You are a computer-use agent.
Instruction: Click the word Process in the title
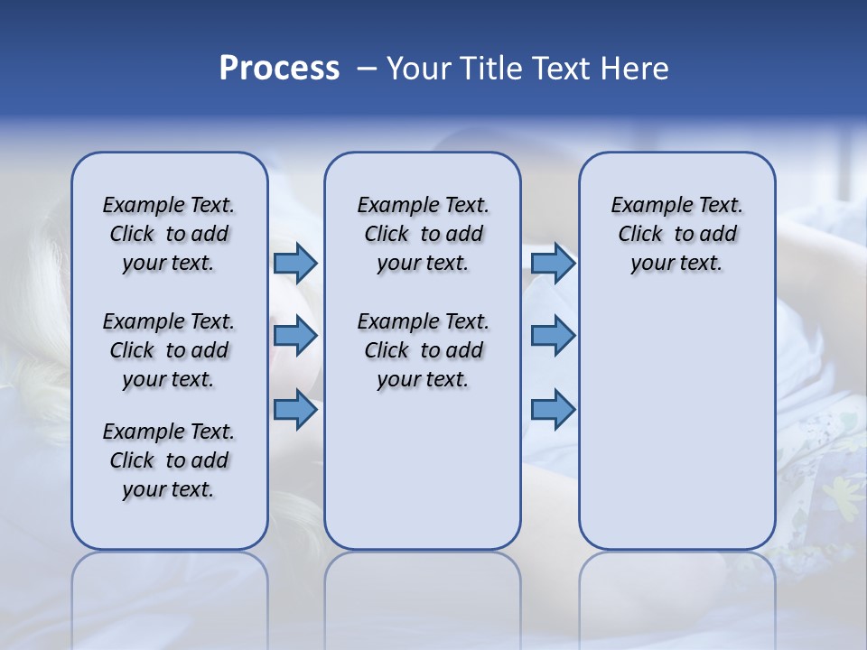279,68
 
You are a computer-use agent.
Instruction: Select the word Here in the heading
637,68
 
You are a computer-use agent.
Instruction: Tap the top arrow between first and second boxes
295,263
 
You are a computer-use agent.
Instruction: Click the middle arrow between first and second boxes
295,336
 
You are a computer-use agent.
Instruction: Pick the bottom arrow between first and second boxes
295,410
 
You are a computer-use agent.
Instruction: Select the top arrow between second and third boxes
553,263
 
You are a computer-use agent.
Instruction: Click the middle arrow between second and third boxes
553,336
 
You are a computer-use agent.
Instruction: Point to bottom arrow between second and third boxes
553,410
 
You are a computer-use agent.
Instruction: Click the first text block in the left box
169,234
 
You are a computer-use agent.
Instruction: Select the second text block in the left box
169,350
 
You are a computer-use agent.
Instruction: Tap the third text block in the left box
169,460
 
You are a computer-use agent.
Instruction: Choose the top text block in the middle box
423,234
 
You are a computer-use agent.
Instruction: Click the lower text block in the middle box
423,350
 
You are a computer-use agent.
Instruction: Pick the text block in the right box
676,234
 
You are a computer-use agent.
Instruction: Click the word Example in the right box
644,205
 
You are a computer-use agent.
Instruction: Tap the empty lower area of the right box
676,424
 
